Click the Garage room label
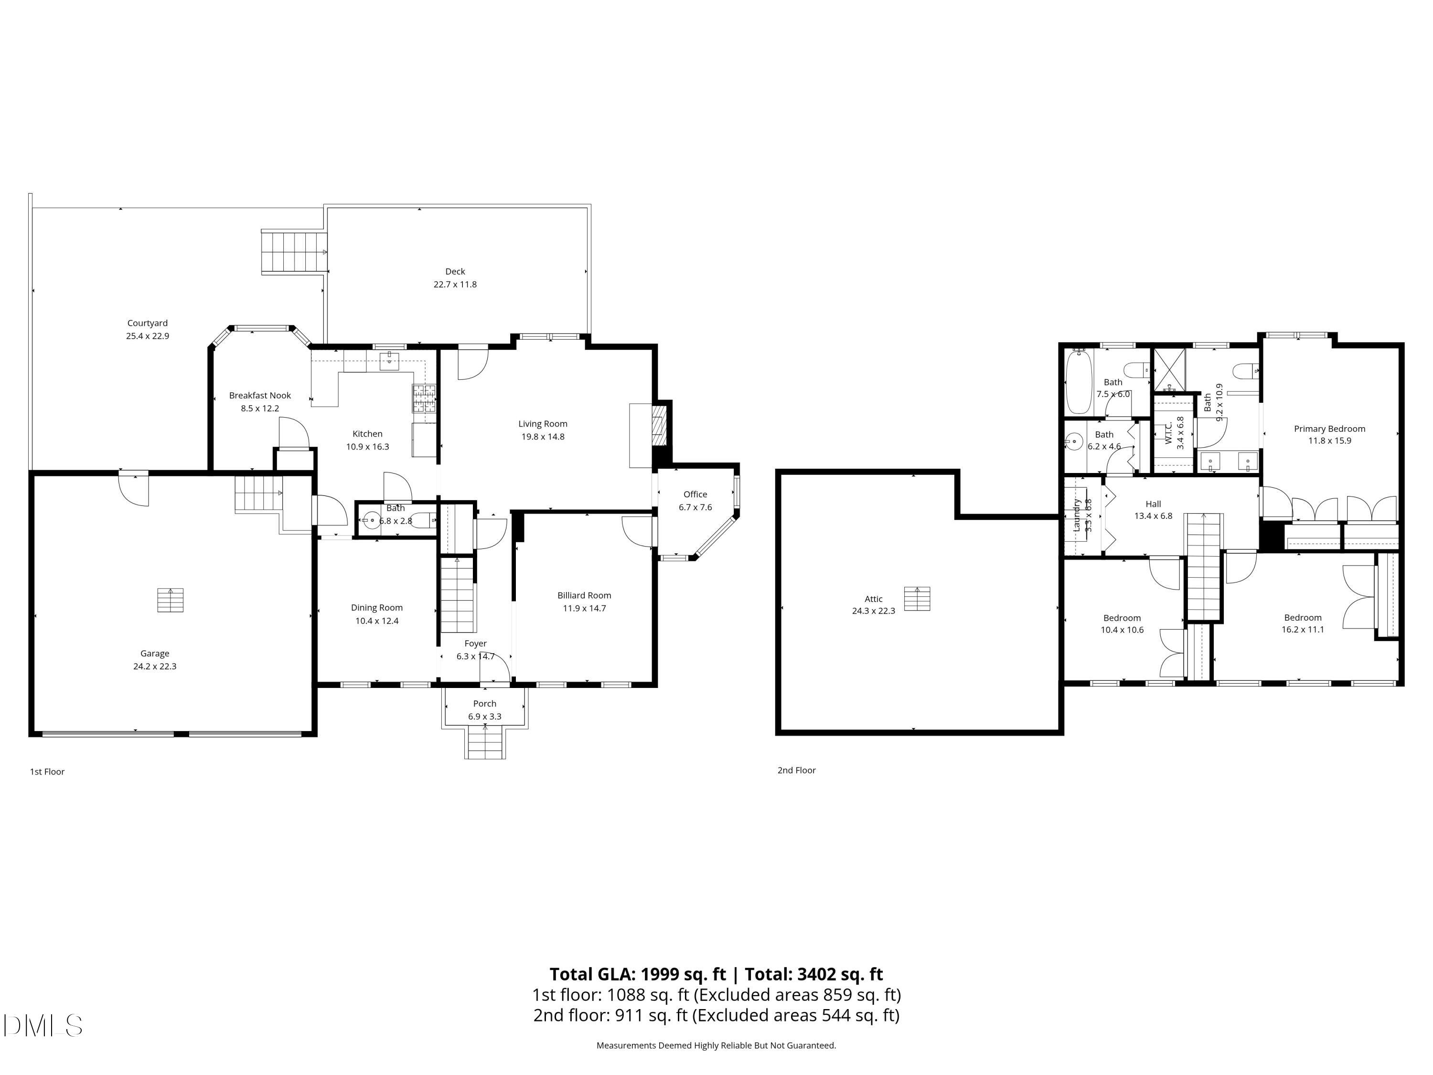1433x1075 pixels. [x=154, y=653]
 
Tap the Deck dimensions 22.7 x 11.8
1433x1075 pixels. [x=455, y=284]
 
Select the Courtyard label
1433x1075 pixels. [x=148, y=322]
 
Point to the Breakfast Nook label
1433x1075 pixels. [x=260, y=395]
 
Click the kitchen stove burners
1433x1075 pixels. [x=424, y=398]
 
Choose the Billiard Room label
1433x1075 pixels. [x=584, y=595]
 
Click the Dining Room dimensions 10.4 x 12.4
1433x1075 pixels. [x=376, y=621]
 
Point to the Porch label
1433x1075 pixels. [x=484, y=703]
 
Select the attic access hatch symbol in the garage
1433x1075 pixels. [x=171, y=600]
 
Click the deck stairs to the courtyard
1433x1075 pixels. [x=293, y=251]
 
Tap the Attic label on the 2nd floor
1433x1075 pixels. [x=873, y=599]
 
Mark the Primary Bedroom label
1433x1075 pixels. [x=1329, y=428]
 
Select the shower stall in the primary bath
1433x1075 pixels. [x=1170, y=369]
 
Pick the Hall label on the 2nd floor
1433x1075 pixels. [x=1153, y=504]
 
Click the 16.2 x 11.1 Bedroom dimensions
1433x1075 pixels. [x=1303, y=629]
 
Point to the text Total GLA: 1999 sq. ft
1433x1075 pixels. [x=638, y=974]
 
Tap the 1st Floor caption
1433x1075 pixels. [x=47, y=772]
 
